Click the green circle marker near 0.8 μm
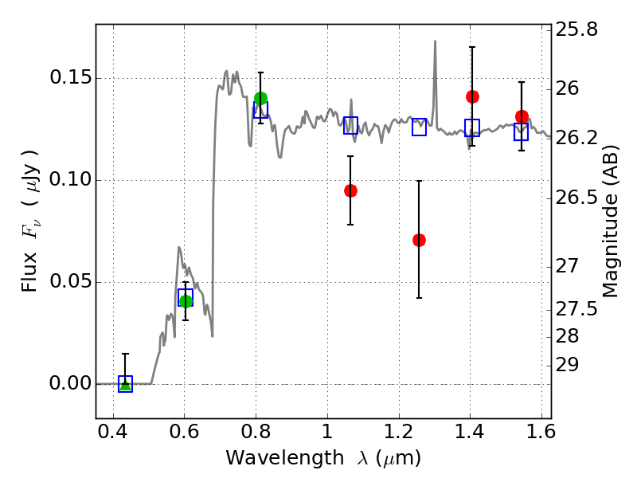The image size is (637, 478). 260,99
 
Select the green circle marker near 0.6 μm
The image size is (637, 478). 186,301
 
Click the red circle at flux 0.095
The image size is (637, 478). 350,190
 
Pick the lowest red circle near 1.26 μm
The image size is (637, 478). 419,240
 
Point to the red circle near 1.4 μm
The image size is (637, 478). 472,96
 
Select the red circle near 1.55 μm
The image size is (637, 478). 522,116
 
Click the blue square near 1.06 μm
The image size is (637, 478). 350,125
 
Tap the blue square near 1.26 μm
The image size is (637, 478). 419,127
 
